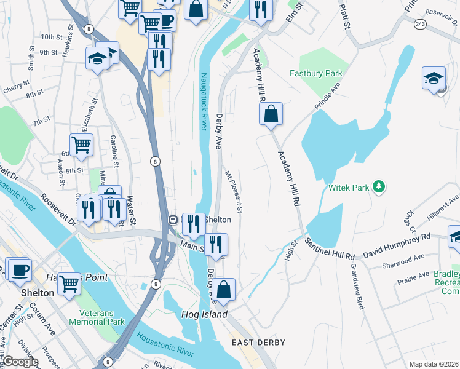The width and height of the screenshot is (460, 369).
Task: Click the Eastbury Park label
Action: [x=315, y=74]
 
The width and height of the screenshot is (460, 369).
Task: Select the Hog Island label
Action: [x=204, y=314]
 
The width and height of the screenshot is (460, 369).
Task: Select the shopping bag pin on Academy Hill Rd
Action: [x=271, y=114]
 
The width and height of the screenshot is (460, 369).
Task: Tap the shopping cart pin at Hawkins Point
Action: [x=69, y=284]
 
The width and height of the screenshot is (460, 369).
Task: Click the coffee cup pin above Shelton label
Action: [x=18, y=269]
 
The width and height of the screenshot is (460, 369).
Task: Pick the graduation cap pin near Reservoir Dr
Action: [x=434, y=79]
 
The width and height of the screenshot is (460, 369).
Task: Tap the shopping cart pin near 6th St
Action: [x=81, y=145]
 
